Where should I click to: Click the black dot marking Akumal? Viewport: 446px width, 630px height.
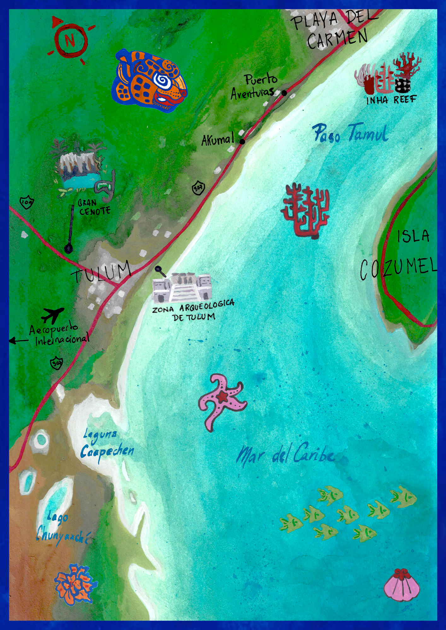click(242, 142)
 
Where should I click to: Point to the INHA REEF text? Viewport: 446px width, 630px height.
click(391, 100)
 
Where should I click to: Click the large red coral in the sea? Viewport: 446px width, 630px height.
click(305, 209)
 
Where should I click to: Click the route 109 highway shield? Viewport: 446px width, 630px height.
click(26, 203)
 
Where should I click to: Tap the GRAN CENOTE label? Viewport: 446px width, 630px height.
click(94, 207)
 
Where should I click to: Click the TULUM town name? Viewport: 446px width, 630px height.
click(101, 272)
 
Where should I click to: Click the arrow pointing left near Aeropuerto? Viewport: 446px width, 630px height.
click(18, 341)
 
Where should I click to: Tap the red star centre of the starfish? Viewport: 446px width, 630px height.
click(222, 397)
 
